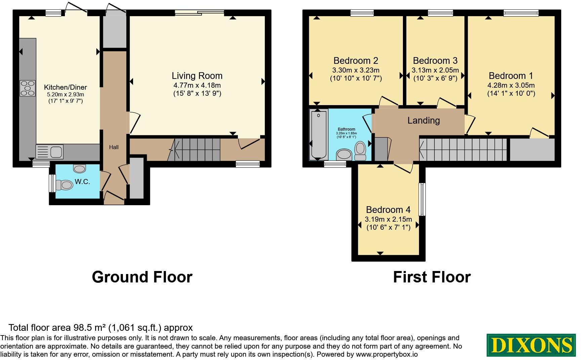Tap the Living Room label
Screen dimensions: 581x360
tap(197, 76)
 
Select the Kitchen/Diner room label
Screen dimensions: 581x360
tap(66, 87)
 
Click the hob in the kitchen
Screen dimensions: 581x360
tap(28, 88)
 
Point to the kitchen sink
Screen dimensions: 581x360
tap(50, 151)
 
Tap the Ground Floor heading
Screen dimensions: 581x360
tap(142, 277)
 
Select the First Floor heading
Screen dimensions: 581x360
tap(432, 277)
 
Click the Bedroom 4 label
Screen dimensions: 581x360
tap(388, 210)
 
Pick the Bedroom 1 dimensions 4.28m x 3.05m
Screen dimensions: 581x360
tap(511, 85)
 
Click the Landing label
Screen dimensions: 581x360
tap(423, 120)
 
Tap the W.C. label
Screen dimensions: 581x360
tap(82, 182)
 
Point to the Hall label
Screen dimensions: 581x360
tap(114, 147)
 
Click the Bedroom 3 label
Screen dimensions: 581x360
tap(435, 61)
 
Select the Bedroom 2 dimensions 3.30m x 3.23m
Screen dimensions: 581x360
tap(356, 70)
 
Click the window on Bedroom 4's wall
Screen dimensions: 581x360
tap(422, 199)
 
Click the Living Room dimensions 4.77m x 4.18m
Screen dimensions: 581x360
tap(197, 85)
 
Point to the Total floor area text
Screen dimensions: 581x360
tap(100, 328)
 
